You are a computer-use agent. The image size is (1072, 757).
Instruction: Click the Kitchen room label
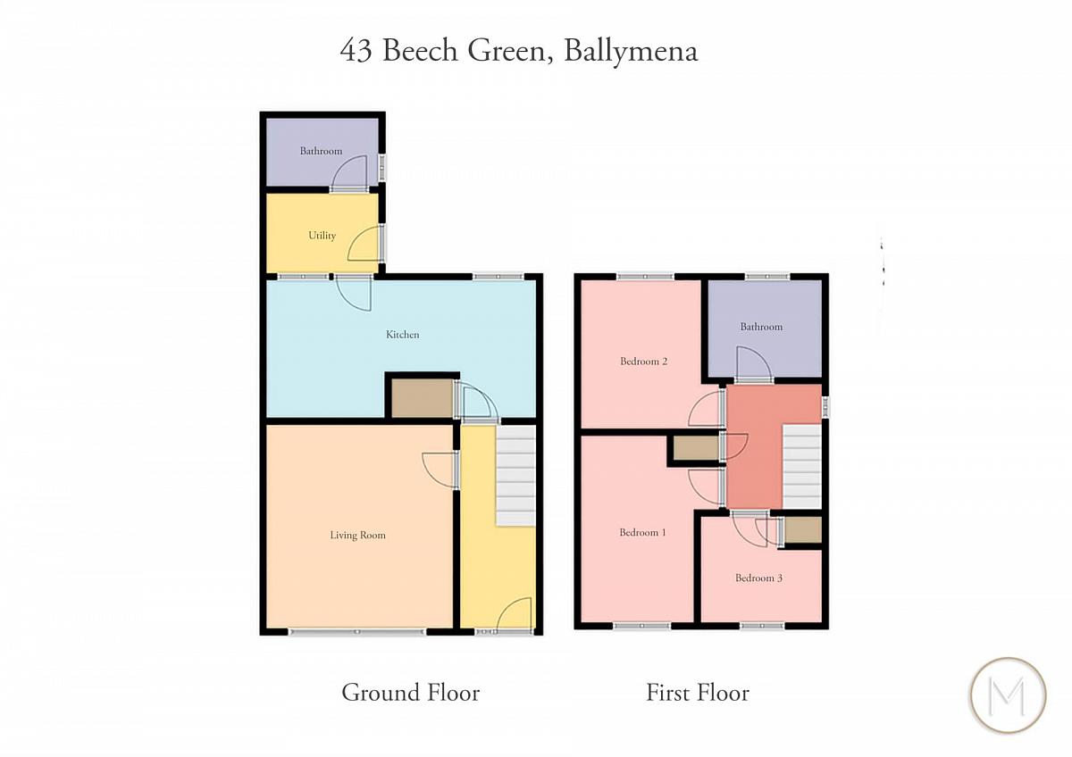pos(403,335)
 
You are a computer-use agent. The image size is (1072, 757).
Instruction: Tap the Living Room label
pos(357,535)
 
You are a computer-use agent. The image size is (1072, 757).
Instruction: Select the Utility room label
pos(322,236)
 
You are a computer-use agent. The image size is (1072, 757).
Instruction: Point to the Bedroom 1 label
pos(642,532)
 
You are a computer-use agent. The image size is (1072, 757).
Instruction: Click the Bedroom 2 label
pos(644,361)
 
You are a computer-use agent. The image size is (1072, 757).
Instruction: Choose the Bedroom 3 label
pos(758,578)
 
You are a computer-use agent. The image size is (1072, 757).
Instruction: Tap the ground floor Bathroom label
pos(321,151)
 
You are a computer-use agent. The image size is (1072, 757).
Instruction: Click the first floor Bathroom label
pos(761,327)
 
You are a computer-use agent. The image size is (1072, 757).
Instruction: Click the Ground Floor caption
pos(411,693)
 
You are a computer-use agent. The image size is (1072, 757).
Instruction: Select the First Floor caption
pos(698,693)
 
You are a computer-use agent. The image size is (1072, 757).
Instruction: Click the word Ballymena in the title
pos(632,51)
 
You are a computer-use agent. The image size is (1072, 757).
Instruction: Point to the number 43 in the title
pos(356,51)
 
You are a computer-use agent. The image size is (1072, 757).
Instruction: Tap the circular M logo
pos(1008,695)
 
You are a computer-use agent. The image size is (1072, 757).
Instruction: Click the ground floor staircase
pos(516,476)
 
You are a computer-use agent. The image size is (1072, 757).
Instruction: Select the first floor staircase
pos(802,466)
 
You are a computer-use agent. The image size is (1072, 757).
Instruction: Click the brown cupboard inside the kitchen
pos(422,398)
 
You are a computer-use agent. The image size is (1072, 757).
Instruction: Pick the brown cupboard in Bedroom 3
pos(803,530)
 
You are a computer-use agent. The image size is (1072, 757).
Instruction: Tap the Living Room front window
pos(357,632)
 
